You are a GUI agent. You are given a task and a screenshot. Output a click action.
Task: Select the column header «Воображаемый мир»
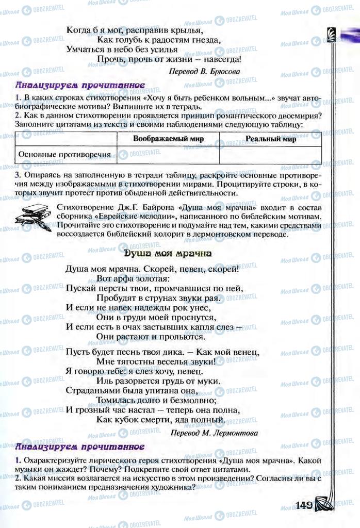click(168, 139)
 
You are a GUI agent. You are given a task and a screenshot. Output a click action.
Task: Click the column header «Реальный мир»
click(270, 139)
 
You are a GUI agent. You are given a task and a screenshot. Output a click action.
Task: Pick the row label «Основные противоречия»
click(65, 154)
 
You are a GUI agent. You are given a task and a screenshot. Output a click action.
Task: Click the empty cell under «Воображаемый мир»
click(168, 155)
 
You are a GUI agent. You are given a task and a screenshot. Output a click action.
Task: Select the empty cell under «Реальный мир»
click(270, 155)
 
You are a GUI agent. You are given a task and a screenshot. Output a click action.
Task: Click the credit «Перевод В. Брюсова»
click(204, 72)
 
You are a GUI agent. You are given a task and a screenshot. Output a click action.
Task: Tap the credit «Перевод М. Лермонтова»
click(214, 433)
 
